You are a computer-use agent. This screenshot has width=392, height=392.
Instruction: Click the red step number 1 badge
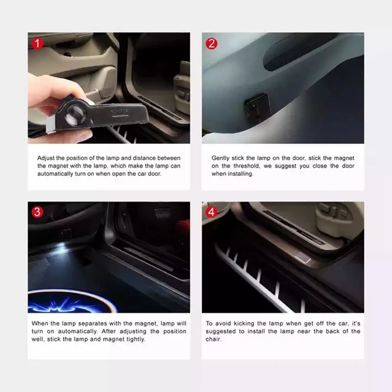click(37, 43)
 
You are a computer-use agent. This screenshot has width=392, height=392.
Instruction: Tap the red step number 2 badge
click(211, 43)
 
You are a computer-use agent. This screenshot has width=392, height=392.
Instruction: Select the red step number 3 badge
click(37, 212)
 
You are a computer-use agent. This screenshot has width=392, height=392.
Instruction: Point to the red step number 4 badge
click(211, 212)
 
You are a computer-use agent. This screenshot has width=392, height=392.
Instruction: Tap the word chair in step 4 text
click(213, 339)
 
